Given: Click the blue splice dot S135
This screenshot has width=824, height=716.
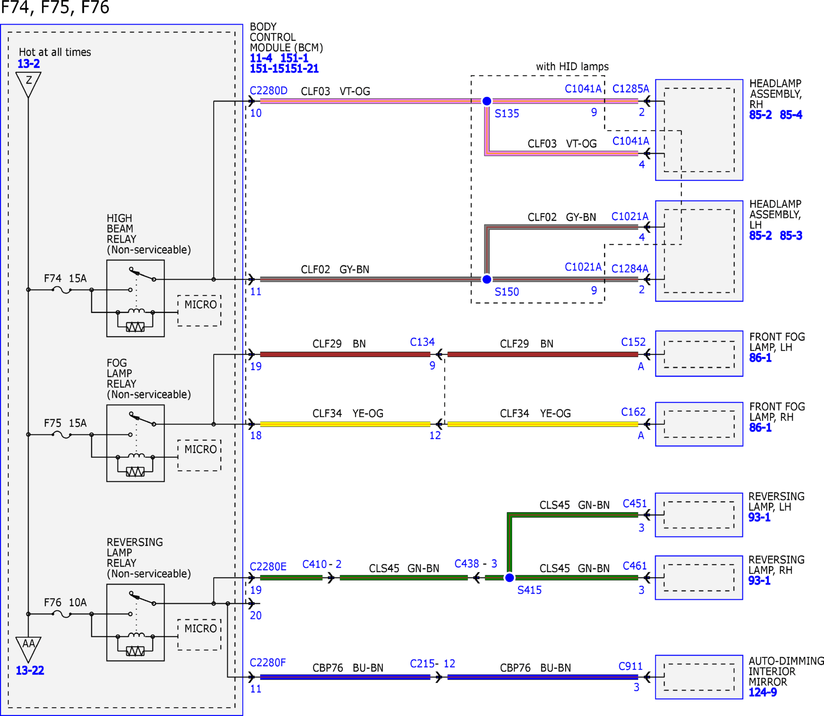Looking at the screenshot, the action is (487, 101).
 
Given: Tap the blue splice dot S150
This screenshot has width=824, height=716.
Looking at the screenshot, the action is (487, 279).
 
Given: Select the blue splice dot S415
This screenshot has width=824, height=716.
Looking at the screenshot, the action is (509, 578).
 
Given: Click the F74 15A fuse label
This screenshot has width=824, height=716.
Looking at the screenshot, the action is (65, 278).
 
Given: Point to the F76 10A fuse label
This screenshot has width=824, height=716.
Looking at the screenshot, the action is (65, 602).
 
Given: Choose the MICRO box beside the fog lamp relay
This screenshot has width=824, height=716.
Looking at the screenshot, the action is (199, 456).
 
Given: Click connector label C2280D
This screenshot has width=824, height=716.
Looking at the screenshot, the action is (268, 91).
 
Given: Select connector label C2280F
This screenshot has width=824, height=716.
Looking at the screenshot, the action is (268, 663).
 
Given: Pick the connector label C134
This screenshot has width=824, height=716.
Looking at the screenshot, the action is (422, 342).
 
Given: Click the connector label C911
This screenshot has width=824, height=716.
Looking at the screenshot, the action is (630, 666).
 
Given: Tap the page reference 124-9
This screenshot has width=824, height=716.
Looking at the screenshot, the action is (762, 692).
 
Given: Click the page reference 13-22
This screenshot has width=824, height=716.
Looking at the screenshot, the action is (30, 670).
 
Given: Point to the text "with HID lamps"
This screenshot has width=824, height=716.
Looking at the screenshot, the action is (572, 66).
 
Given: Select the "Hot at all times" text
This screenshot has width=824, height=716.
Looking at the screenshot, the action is (55, 52).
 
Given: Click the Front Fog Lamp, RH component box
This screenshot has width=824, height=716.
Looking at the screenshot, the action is (699, 424).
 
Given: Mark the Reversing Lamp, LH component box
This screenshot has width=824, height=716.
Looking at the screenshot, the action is (699, 515).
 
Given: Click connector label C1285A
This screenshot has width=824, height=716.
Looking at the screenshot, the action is (631, 89).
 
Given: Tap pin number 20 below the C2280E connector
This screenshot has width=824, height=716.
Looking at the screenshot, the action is (256, 615).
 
